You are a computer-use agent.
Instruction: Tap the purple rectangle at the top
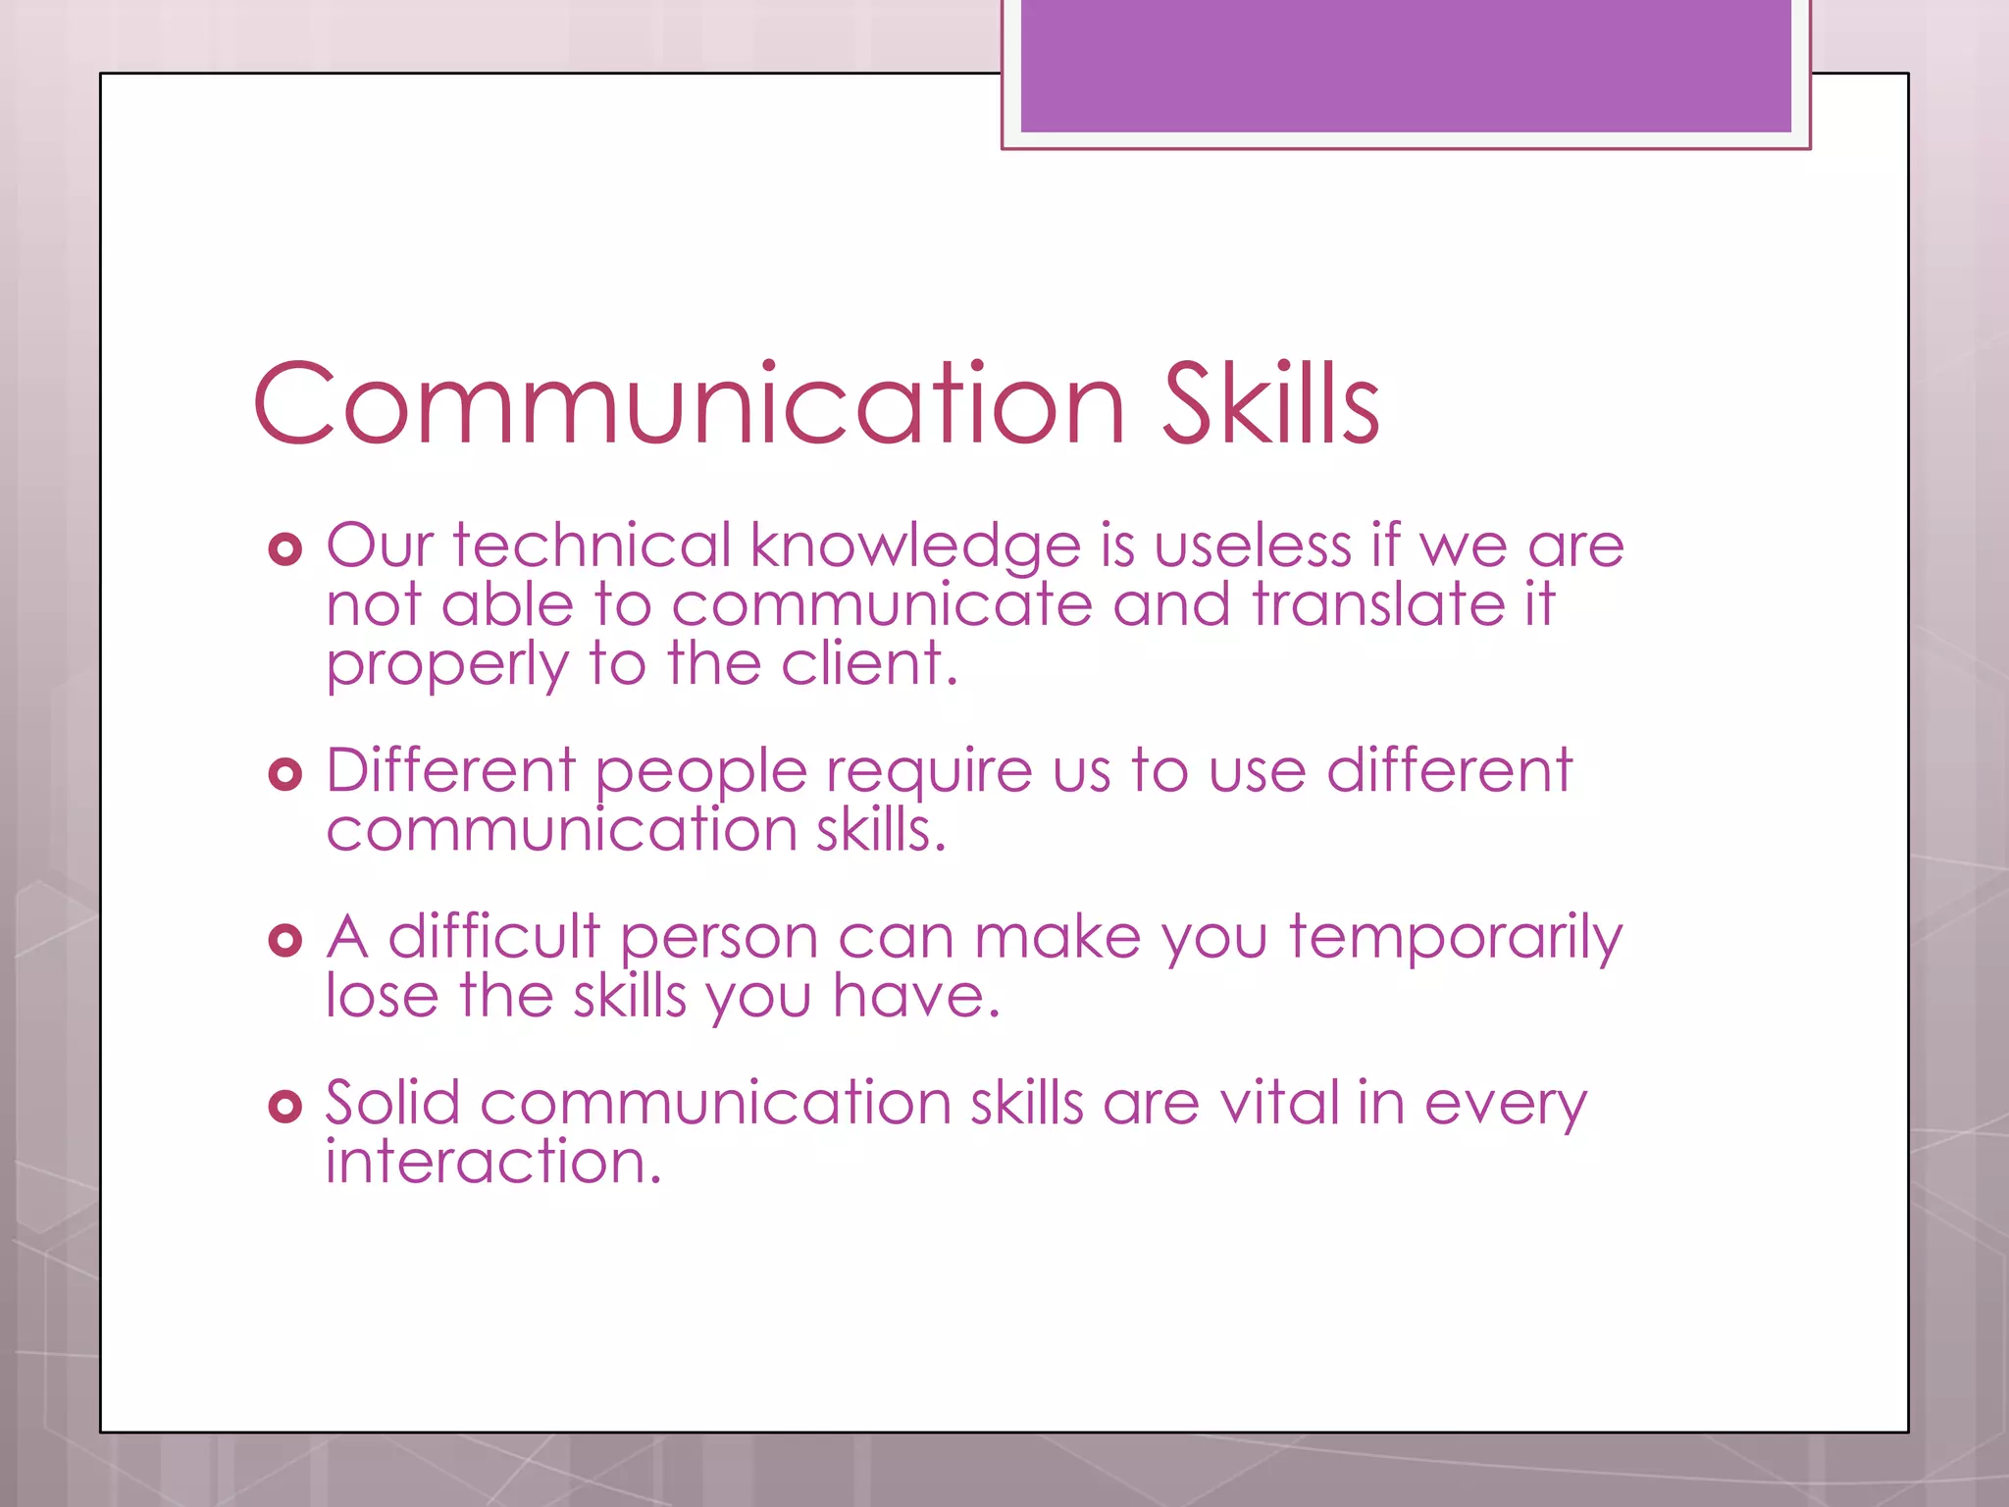1406,66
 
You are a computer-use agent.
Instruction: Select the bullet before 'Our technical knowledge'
284,548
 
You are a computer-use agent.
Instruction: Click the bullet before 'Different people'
284,774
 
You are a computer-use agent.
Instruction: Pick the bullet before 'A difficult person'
284,940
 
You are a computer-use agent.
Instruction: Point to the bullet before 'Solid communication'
284,1107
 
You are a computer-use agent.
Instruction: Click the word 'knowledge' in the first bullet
915,546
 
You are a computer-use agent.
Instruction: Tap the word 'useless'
1253,546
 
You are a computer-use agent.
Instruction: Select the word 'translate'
1378,604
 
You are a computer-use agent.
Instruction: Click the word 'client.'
869,664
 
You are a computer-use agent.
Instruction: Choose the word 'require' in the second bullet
929,772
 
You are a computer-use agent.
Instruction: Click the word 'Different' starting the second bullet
451,770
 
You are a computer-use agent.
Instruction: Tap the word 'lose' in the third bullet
382,997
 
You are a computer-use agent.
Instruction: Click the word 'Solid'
392,1103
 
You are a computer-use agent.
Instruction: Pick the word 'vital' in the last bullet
1279,1103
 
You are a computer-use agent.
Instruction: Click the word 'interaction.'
493,1163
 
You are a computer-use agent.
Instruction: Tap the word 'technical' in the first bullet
592,546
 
